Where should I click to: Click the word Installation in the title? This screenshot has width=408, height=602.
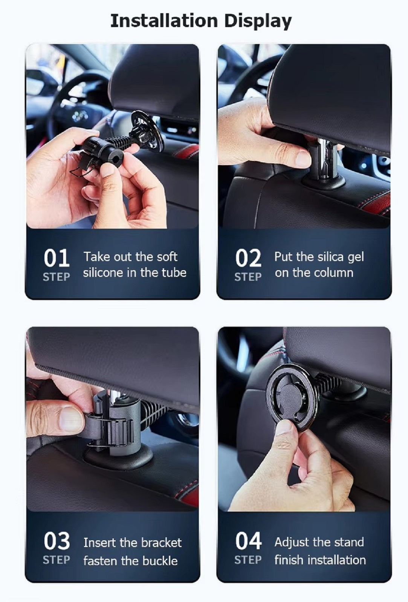164,21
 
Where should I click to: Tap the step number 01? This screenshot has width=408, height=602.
57,258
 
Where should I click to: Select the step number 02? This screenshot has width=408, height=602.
248,258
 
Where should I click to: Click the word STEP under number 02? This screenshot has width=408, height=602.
248,277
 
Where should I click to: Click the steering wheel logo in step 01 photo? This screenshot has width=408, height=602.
80,116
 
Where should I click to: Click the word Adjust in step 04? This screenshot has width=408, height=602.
292,542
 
